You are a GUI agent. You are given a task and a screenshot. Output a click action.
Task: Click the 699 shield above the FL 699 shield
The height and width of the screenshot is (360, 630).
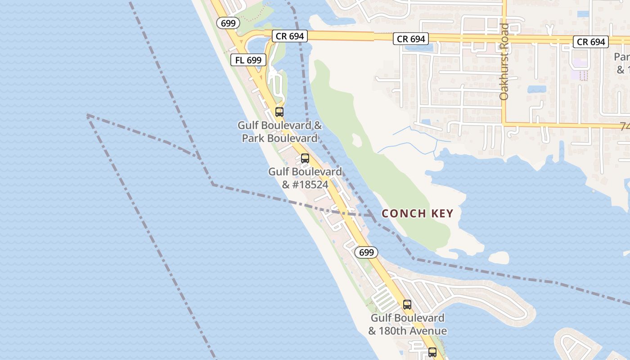click(228, 22)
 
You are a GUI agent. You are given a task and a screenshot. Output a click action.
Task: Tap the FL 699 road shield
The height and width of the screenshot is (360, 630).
click(248, 59)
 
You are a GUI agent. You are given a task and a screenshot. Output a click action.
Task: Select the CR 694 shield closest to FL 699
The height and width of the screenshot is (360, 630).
click(290, 36)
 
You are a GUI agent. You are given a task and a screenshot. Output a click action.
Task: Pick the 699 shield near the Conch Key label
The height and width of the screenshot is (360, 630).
click(366, 252)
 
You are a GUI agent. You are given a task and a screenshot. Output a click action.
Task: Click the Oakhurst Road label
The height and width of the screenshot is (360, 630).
click(504, 62)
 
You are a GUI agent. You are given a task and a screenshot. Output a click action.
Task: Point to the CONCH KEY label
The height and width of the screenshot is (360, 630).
click(417, 213)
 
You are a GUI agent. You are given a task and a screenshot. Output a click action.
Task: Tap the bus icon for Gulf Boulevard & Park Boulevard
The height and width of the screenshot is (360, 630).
click(279, 112)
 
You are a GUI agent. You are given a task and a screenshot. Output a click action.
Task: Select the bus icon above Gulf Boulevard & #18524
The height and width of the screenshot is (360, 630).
click(305, 158)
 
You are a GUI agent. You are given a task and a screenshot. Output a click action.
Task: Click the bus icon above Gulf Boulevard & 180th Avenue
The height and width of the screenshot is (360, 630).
click(407, 305)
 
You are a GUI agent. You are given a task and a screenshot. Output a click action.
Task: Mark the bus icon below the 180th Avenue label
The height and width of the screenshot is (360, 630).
click(432, 352)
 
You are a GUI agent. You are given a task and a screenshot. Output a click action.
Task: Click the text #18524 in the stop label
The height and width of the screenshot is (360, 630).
click(305, 184)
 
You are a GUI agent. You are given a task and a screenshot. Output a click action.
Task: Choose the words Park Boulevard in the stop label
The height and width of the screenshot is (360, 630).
click(279, 138)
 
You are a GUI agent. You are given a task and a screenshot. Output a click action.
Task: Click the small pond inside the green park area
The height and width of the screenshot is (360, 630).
click(357, 140)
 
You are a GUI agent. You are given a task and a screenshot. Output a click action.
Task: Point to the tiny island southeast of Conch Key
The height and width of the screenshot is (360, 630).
click(499, 257)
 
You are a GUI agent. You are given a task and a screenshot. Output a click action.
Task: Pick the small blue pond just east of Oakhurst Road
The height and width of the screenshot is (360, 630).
click(536, 89)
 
